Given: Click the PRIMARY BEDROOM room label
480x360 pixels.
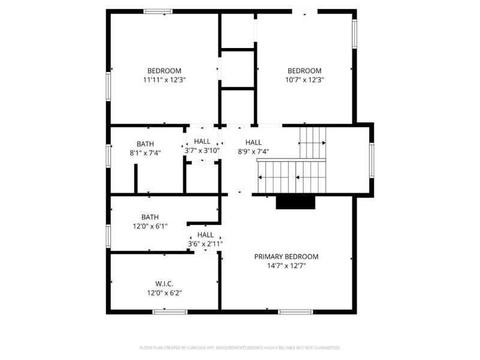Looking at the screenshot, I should pyautogui.click(x=286, y=256).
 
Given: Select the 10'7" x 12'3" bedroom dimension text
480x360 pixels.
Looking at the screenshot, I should pyautogui.click(x=304, y=80).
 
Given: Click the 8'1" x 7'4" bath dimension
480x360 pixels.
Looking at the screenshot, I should pyautogui.click(x=145, y=153).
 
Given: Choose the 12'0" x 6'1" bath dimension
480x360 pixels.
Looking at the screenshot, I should pyautogui.click(x=150, y=226).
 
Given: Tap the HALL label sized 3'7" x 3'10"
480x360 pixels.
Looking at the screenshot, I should pyautogui.click(x=202, y=142).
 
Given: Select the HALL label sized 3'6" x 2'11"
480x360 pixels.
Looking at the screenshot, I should pyautogui.click(x=205, y=235).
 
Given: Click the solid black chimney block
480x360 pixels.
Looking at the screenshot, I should pyautogui.click(x=296, y=202).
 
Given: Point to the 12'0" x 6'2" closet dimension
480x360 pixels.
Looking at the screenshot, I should pyautogui.click(x=164, y=293).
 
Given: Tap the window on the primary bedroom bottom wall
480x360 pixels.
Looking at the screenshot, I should pyautogui.click(x=295, y=311).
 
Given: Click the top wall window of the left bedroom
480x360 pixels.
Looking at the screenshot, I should pyautogui.click(x=158, y=11).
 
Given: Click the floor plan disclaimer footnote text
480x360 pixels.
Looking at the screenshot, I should pyautogui.click(x=240, y=347).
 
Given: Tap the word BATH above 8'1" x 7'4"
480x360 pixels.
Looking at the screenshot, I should pyautogui.click(x=145, y=144).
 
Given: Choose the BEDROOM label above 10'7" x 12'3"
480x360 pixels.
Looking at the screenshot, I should pyautogui.click(x=304, y=70).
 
